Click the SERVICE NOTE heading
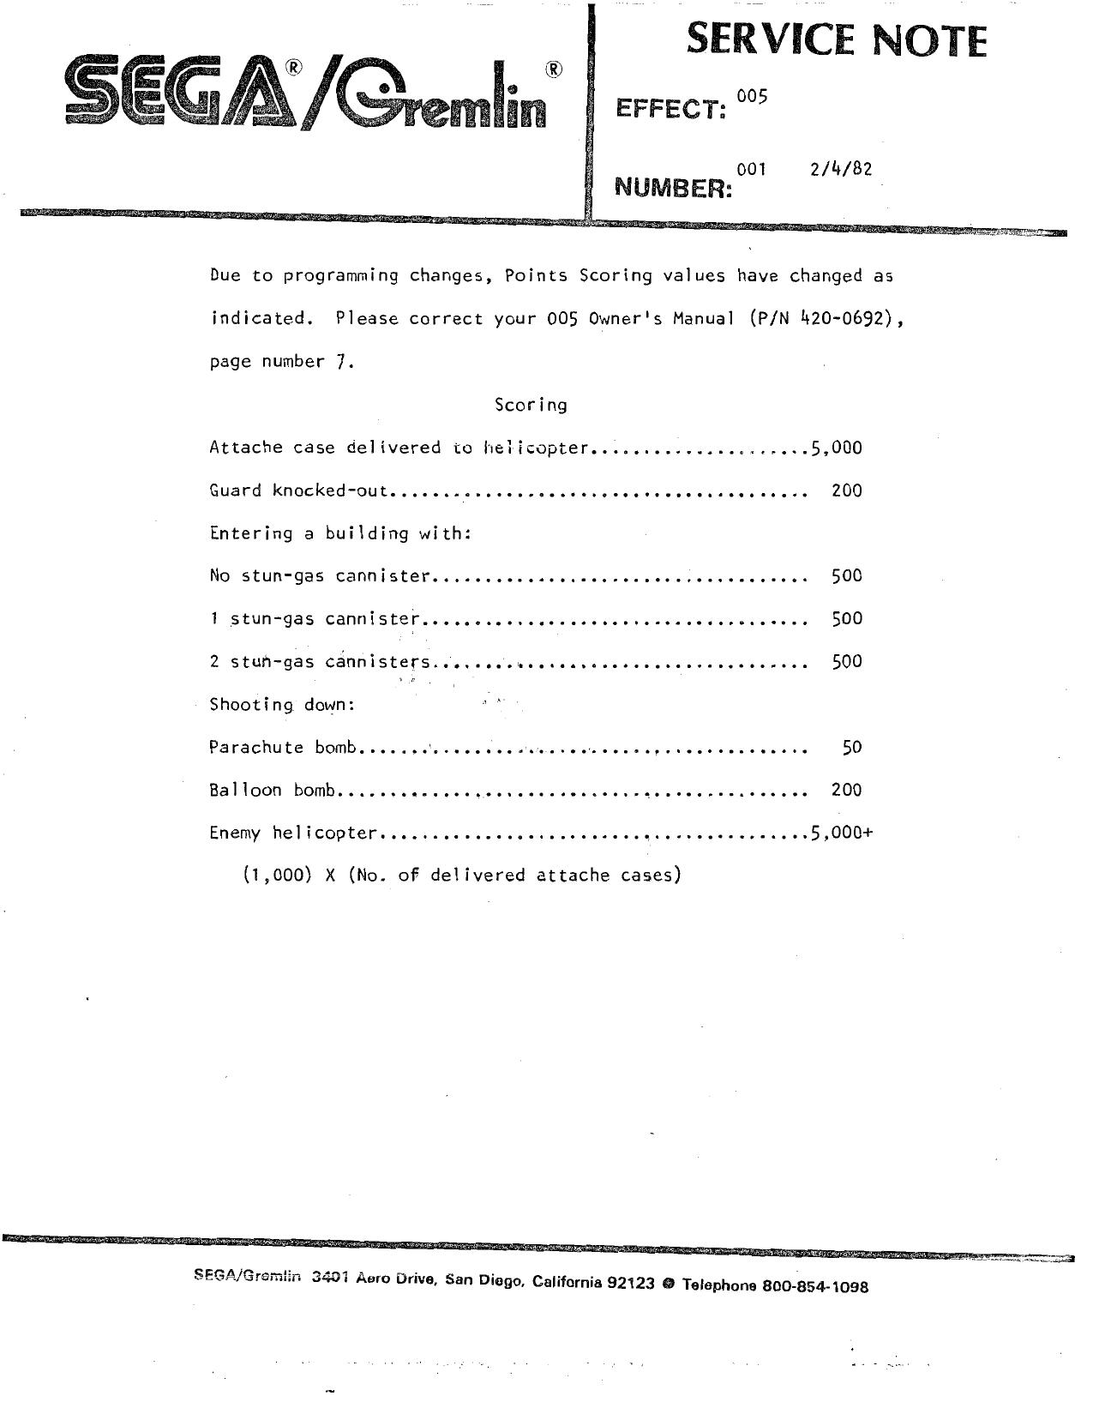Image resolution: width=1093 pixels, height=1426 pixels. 836,40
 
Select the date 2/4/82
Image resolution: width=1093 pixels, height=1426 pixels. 840,169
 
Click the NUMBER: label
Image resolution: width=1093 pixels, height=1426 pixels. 674,187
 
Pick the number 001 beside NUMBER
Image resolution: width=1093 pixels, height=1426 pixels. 751,169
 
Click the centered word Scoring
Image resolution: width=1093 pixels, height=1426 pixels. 531,404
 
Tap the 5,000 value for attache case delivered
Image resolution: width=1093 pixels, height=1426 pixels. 836,447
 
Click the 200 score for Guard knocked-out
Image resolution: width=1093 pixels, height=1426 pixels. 846,490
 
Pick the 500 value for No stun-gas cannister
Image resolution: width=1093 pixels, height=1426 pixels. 846,575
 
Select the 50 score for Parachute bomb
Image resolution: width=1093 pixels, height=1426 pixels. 851,747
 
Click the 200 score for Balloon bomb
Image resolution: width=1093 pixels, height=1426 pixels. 846,790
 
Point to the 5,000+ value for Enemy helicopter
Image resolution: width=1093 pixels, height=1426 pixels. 841,832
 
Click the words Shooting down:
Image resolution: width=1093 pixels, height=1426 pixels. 282,704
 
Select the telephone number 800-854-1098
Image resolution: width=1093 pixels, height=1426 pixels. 814,1286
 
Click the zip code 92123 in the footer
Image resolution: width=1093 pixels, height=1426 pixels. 631,1283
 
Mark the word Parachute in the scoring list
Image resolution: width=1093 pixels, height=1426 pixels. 256,747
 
